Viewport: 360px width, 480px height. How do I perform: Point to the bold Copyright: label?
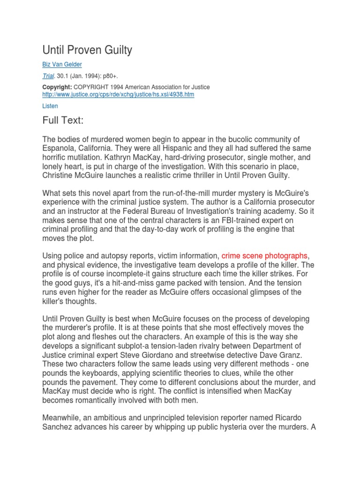(57, 87)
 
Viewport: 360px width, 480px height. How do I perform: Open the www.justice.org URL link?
(118, 94)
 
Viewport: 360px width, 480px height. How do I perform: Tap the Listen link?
(50, 106)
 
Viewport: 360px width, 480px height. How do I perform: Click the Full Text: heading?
(63, 120)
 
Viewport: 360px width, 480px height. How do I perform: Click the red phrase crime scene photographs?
(264, 255)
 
